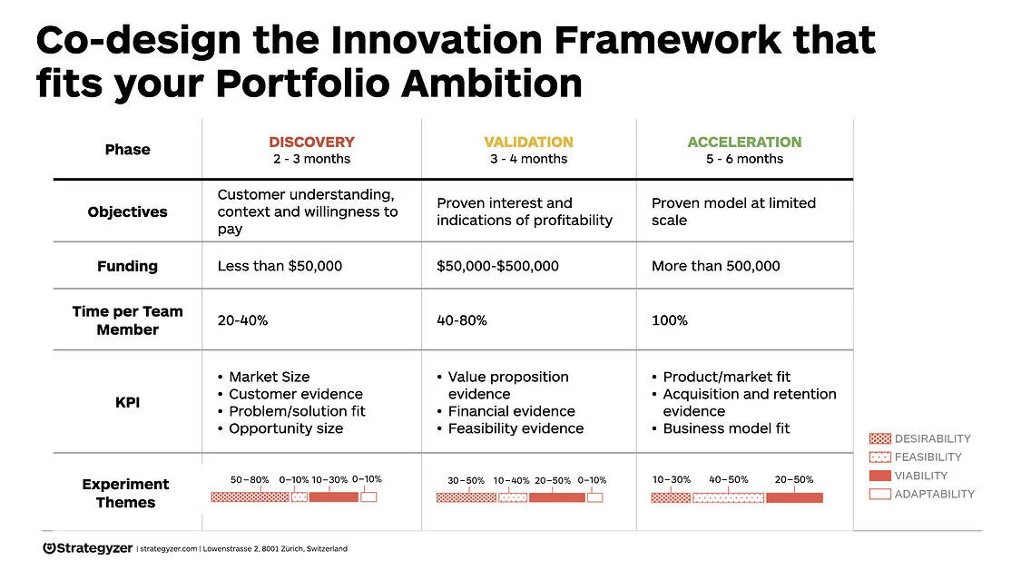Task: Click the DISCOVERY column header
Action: pos(311,142)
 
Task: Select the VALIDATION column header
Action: pos(528,142)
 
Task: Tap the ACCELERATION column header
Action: pos(744,142)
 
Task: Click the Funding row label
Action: pos(128,266)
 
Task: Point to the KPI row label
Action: pos(128,402)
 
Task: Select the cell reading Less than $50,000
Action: pos(280,266)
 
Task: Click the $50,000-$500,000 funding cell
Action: pos(497,266)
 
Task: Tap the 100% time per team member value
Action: pos(670,320)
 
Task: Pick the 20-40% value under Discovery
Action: pos(242,320)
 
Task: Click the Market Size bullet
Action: pos(269,377)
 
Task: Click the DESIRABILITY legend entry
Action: pos(920,438)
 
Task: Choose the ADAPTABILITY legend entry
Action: pos(922,494)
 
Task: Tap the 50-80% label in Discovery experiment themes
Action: pos(250,480)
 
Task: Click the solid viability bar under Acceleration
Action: pos(794,497)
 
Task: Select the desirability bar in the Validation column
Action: pos(466,497)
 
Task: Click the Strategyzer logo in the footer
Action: pos(87,548)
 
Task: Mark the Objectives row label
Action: pos(128,211)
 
